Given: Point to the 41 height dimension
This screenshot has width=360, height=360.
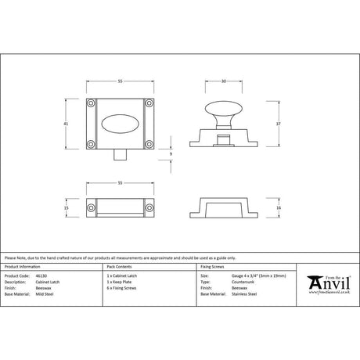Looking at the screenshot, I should click(x=68, y=126).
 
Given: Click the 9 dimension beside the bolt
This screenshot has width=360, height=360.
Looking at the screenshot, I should click(x=171, y=155).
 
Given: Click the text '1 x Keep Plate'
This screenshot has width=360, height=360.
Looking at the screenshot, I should click(x=123, y=282).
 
